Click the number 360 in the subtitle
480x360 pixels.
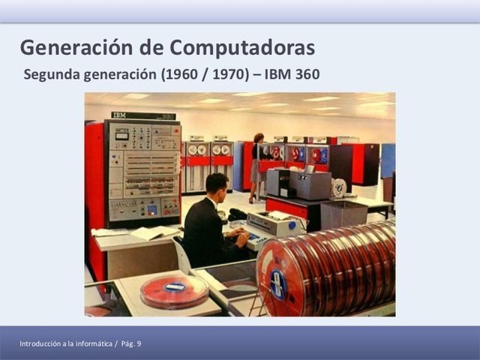(306, 74)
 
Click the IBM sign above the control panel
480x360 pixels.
(120, 115)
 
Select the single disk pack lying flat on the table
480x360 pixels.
(174, 290)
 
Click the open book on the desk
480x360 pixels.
(153, 232)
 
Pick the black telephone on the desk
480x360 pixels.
(237, 214)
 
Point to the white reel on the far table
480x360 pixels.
(339, 187)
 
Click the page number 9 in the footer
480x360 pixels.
(138, 343)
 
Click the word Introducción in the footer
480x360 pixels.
(42, 343)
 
